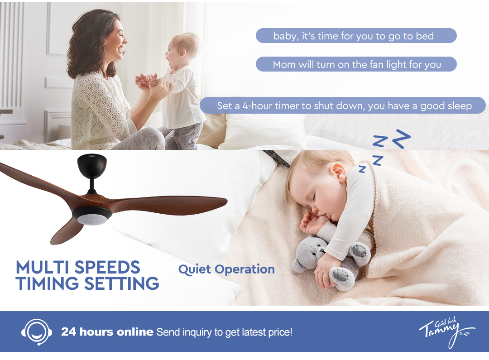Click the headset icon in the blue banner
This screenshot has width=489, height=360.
[37, 331]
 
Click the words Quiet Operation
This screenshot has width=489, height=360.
[226, 269]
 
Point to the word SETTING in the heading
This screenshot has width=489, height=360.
[122, 283]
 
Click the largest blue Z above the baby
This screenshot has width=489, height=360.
[401, 139]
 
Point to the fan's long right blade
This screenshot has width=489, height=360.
[165, 205]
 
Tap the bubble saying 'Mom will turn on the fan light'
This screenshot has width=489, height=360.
[356, 64]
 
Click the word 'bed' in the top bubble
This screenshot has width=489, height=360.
[425, 36]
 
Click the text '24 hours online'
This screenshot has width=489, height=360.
[107, 331]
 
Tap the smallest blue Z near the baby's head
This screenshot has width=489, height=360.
[362, 169]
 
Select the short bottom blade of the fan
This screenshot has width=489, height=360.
[67, 231]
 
